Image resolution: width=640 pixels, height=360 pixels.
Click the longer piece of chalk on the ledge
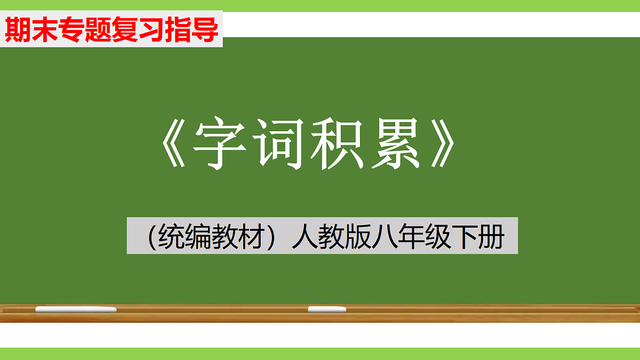coord(76,309)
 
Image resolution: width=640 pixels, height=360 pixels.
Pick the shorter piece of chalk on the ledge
coord(327,309)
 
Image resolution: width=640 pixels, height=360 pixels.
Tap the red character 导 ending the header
coord(206,30)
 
